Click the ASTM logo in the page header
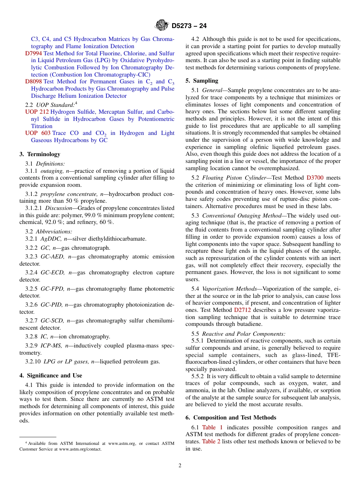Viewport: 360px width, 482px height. (x=161, y=26)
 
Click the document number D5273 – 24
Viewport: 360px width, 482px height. (x=189, y=26)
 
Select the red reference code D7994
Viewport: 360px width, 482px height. (x=33, y=53)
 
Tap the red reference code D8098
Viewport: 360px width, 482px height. (x=33, y=81)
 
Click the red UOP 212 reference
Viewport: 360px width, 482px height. (x=37, y=112)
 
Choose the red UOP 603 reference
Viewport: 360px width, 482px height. (x=37, y=133)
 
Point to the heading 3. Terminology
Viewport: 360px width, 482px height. (x=40, y=154)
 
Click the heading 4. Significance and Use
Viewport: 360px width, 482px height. (x=51, y=376)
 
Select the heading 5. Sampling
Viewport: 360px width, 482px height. (x=202, y=81)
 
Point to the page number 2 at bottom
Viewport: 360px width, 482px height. (x=180, y=466)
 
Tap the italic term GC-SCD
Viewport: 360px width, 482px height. (x=52, y=321)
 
